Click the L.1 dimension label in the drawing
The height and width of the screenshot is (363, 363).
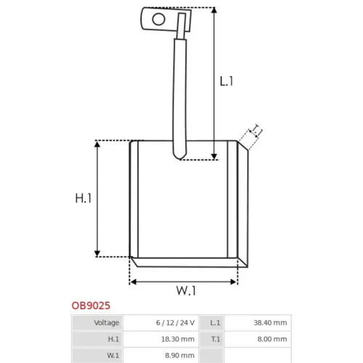click(227, 81)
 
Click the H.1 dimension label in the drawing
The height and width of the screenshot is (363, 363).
click(83, 198)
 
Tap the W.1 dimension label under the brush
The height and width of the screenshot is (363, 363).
click(186, 290)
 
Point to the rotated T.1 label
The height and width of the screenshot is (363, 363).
click(256, 131)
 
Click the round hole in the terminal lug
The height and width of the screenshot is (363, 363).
click(159, 19)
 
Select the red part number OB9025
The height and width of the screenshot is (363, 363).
click(91, 306)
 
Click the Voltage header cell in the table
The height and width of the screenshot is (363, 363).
click(98, 322)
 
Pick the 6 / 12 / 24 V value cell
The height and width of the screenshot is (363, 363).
click(161, 322)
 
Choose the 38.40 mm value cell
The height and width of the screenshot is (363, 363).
click(258, 322)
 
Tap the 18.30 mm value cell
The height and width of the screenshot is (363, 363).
click(161, 339)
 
